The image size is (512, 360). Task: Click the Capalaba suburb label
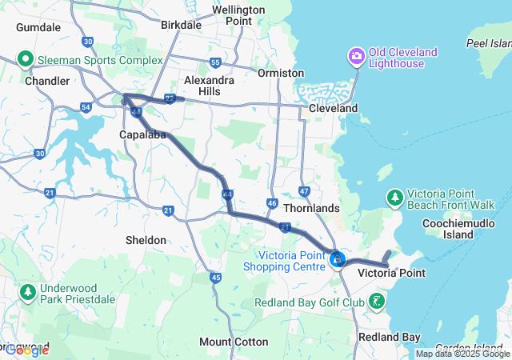point(142,134)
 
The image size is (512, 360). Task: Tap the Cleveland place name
point(334,108)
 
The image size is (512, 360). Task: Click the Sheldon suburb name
point(146,240)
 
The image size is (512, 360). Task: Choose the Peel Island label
point(488,42)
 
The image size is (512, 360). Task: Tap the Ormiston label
point(281,73)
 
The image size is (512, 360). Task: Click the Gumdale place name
point(38,27)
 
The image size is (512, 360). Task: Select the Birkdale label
point(181,25)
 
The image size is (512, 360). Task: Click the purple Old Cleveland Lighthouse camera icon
point(355,56)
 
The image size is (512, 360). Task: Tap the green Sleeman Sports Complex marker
point(26,58)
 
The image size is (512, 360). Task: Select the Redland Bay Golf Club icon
point(376,302)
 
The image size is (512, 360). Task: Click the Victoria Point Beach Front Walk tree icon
point(394,196)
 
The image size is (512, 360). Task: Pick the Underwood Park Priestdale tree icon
point(29,292)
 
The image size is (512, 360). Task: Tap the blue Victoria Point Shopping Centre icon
point(338,259)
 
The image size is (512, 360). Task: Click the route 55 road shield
point(215,62)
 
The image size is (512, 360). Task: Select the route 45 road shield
point(215,278)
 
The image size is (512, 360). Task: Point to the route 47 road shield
point(304,191)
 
